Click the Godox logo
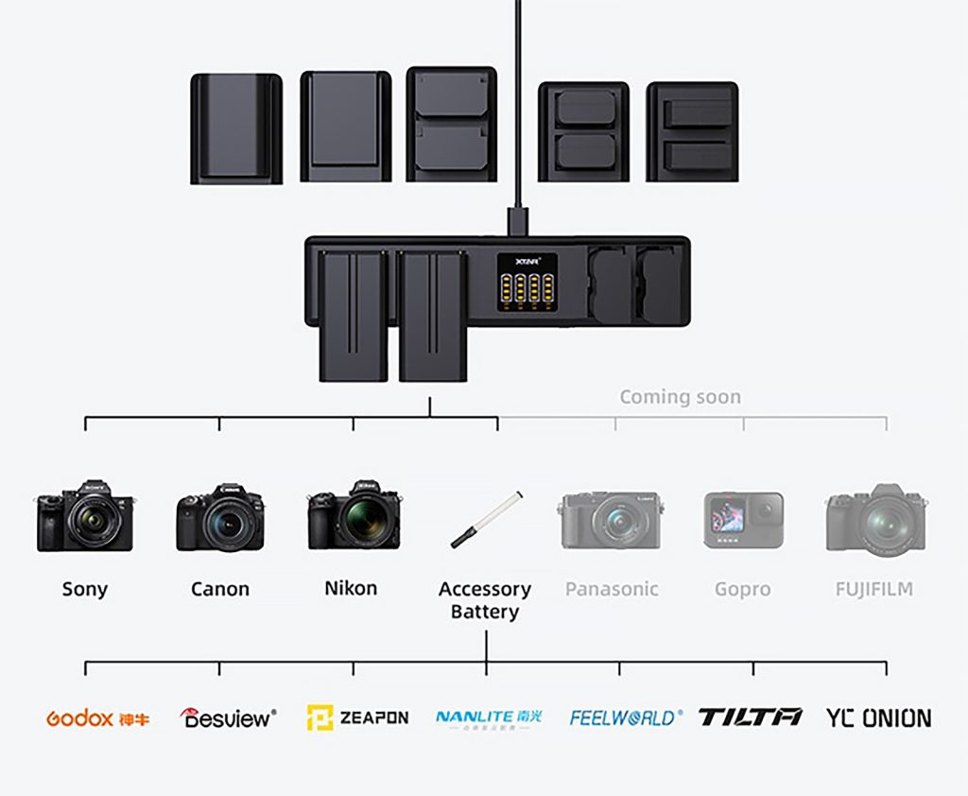(97, 718)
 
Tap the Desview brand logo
(228, 718)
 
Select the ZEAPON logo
(357, 718)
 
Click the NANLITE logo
(489, 718)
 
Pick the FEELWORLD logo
(625, 718)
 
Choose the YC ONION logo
(878, 718)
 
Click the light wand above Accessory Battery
(487, 518)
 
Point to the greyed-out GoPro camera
(743, 520)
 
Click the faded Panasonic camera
(611, 519)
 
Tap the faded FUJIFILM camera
(875, 519)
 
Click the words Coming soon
(680, 397)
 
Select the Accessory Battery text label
(485, 600)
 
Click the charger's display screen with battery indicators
(527, 280)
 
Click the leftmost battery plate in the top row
(236, 129)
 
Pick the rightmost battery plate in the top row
(692, 131)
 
